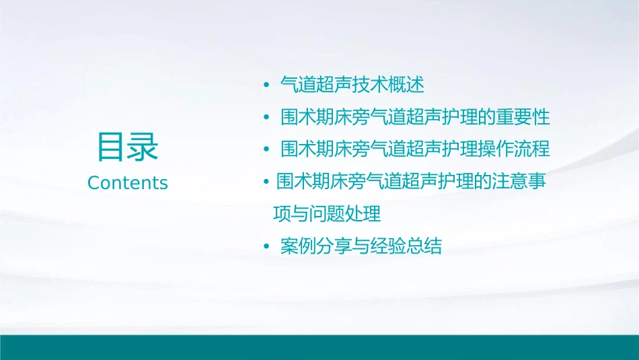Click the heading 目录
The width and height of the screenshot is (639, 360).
click(x=128, y=147)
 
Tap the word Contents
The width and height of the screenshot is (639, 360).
click(x=128, y=183)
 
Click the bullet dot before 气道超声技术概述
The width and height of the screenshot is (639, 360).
click(x=266, y=85)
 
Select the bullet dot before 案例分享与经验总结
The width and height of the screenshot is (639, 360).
click(x=266, y=247)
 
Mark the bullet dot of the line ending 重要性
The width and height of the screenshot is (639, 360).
click(x=266, y=118)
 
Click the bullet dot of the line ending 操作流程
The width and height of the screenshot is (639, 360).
click(x=266, y=150)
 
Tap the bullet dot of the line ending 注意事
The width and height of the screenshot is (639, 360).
click(x=266, y=182)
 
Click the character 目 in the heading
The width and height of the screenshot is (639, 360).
click(x=112, y=147)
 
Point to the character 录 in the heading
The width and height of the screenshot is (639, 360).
click(x=143, y=147)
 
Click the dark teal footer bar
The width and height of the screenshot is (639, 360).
click(x=319, y=347)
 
